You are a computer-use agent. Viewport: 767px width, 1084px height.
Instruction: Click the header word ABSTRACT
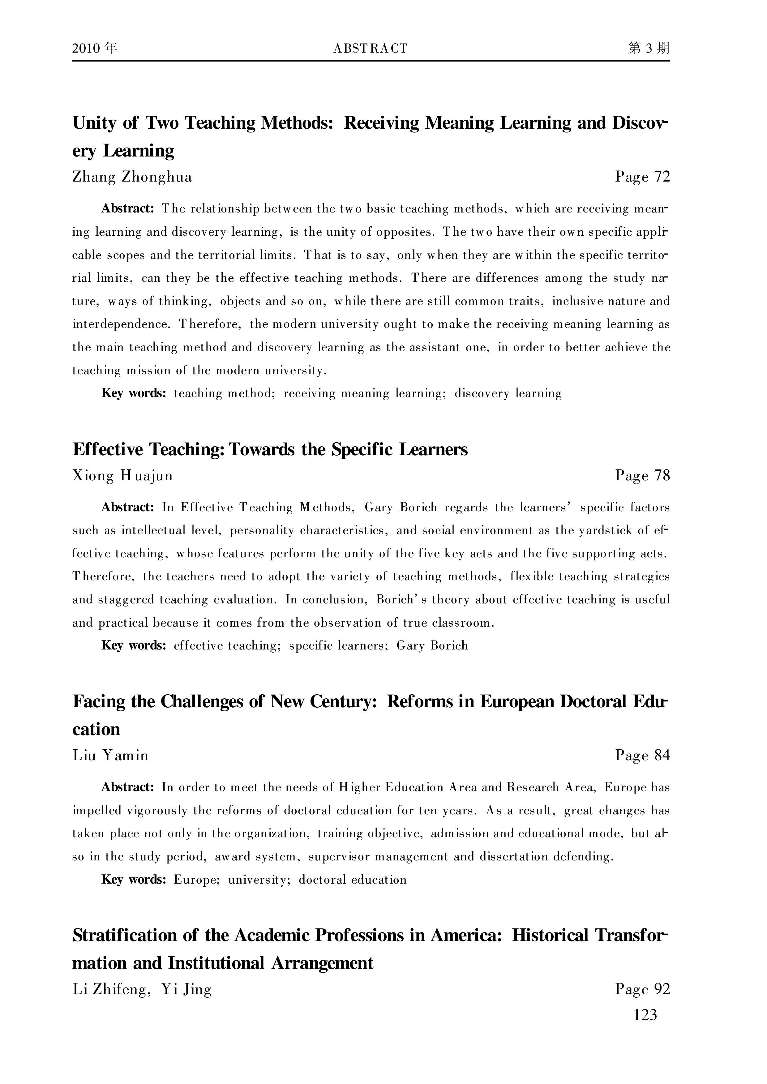point(370,48)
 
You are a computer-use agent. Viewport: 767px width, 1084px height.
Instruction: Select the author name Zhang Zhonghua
point(132,177)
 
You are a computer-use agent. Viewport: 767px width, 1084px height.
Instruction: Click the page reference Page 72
point(642,177)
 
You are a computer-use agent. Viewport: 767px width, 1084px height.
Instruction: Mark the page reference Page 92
point(642,989)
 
